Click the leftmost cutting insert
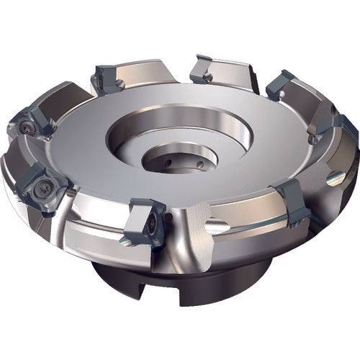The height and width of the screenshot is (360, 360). click(30, 125)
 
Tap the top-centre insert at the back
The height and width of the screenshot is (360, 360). click(205, 68)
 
